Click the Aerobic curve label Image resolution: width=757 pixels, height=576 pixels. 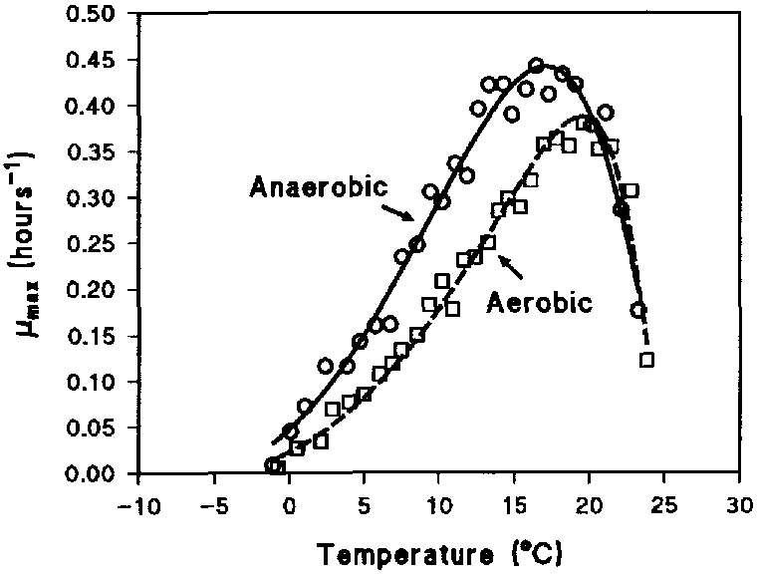pyautogui.click(x=540, y=302)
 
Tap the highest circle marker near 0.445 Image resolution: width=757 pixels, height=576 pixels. pyautogui.click(x=536, y=65)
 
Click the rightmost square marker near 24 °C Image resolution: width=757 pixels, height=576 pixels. pyautogui.click(x=646, y=360)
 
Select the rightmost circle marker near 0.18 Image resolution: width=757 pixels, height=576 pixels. pyautogui.click(x=637, y=310)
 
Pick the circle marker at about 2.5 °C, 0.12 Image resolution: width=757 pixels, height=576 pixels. pyautogui.click(x=326, y=366)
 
